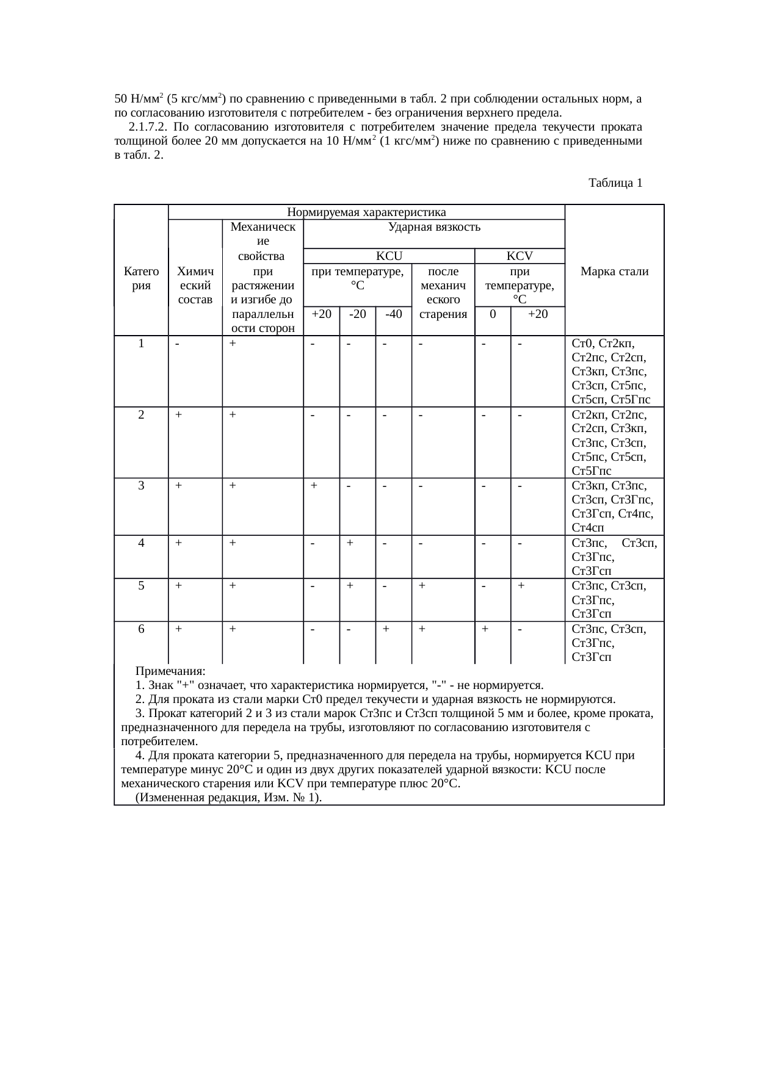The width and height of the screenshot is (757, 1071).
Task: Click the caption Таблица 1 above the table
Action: [x=615, y=182]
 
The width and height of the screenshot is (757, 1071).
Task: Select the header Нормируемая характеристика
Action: [x=366, y=212]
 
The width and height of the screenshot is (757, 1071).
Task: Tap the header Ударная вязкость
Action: [x=434, y=227]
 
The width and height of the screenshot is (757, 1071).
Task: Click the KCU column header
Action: [x=388, y=256]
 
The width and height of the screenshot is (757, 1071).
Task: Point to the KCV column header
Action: [x=520, y=256]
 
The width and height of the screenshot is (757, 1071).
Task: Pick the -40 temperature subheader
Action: [x=394, y=314]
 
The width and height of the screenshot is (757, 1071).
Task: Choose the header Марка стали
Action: [x=614, y=271]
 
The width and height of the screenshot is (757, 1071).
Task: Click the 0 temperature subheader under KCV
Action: [x=493, y=314]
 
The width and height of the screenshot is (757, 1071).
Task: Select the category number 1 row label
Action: [x=141, y=344]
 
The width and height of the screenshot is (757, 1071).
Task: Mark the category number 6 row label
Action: [x=141, y=629]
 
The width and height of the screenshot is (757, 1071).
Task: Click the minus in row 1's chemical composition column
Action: [x=177, y=344]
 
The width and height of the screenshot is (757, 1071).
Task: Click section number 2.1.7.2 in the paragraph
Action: [x=147, y=127]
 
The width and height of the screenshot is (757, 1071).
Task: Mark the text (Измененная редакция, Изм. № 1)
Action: [x=229, y=798]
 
